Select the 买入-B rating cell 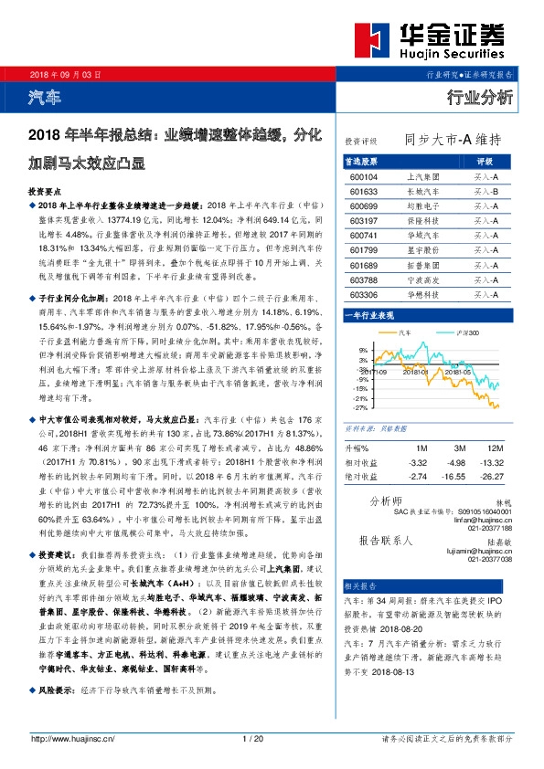[485, 192]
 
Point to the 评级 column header [485, 162]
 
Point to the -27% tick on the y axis [362, 408]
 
